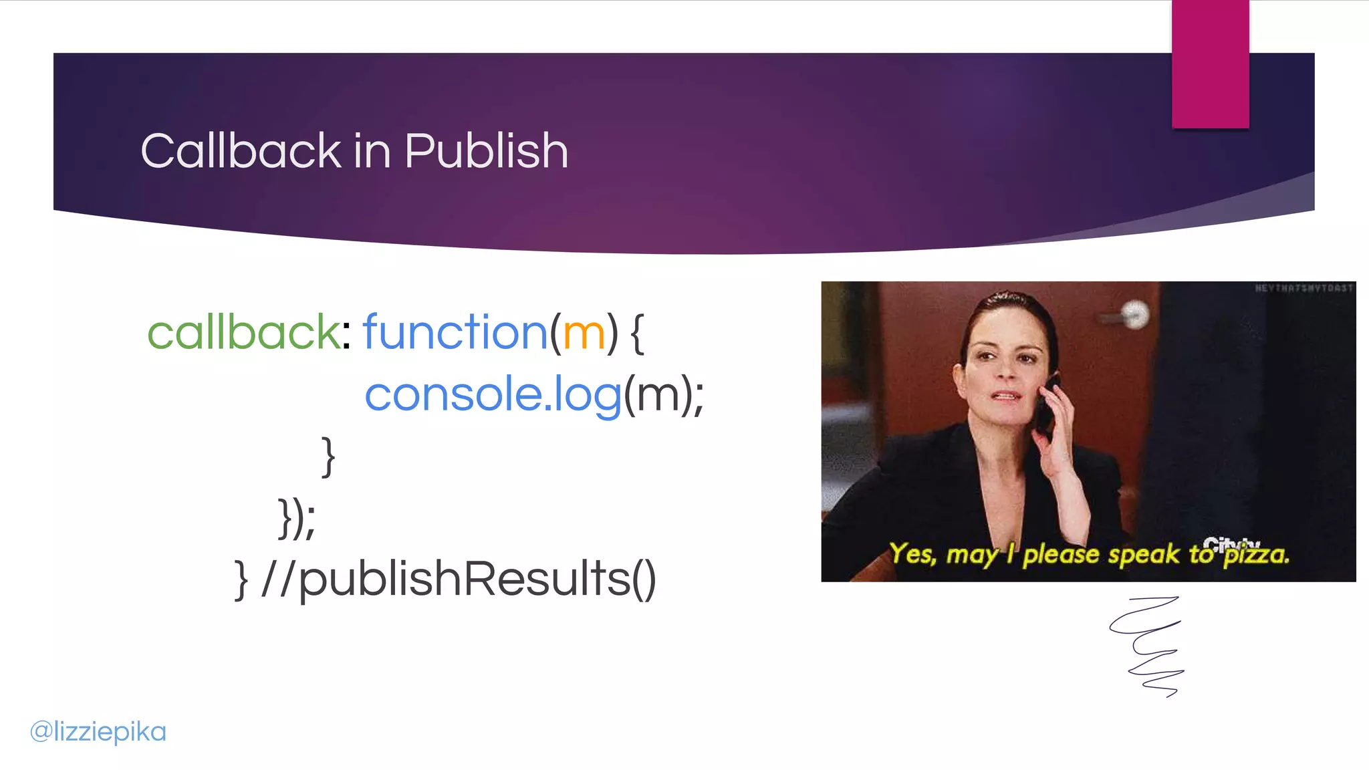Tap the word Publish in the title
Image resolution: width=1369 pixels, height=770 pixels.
pos(486,151)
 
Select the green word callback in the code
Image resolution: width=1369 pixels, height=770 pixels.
pos(243,332)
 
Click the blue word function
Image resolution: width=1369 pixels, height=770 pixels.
pos(455,332)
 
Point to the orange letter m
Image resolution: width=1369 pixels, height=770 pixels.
pos(584,334)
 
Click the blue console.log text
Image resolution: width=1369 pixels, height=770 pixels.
pos(493,394)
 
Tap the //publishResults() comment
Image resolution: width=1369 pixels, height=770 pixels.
pos(459,579)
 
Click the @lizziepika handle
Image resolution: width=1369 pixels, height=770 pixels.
pos(98,731)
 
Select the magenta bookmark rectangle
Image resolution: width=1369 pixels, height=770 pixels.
pos(1210,63)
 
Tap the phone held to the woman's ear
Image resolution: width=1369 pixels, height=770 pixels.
pos(1047,404)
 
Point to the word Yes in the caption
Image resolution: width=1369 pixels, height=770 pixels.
pos(912,553)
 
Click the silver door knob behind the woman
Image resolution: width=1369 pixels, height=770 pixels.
pos(1134,315)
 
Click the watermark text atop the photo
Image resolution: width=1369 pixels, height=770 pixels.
pos(1303,288)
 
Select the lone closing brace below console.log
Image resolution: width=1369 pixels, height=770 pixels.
pos(328,457)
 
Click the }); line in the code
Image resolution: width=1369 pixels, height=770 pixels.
pos(296,518)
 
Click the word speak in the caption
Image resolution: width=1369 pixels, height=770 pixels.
pos(1144,555)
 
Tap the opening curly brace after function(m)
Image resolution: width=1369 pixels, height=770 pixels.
pos(637,334)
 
